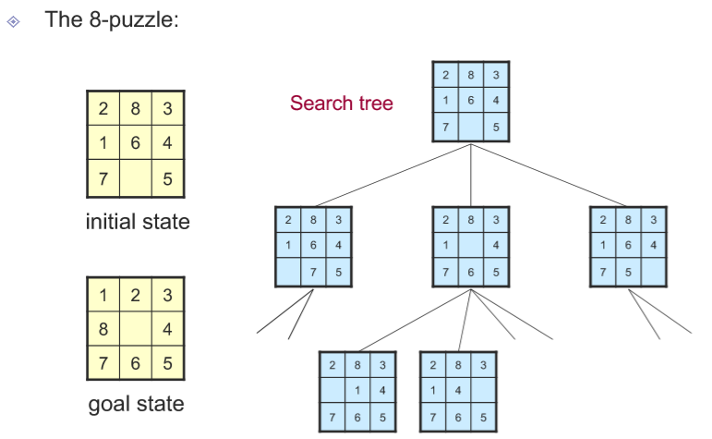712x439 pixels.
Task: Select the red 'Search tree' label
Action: coord(341,103)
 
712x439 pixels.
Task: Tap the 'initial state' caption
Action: coord(137,222)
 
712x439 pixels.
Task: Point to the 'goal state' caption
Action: coord(136,404)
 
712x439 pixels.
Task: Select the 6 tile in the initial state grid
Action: coord(135,144)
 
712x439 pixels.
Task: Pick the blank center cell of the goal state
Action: coord(135,329)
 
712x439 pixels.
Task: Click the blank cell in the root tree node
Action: coord(471,128)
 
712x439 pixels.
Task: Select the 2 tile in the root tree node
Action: coord(446,76)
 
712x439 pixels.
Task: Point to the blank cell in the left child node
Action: coord(288,272)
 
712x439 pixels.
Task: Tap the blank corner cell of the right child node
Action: coord(653,272)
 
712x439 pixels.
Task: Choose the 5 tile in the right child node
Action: coord(628,272)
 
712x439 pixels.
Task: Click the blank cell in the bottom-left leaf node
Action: coord(331,390)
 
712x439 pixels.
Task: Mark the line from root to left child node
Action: coord(393,175)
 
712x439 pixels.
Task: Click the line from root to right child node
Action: coord(549,175)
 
